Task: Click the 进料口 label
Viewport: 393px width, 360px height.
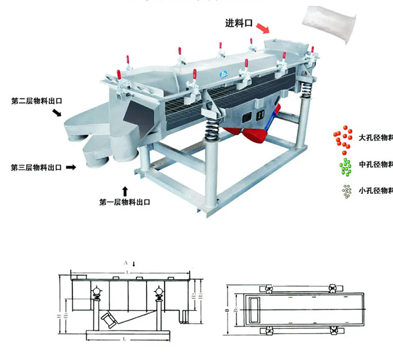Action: point(239,24)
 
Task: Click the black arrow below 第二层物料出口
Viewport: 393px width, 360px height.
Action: point(57,114)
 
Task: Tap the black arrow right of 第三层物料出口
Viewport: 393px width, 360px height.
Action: point(71,167)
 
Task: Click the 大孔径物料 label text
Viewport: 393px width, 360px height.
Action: point(375,136)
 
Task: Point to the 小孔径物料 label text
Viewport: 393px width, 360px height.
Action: point(375,190)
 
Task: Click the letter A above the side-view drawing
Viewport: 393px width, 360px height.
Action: point(126,262)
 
